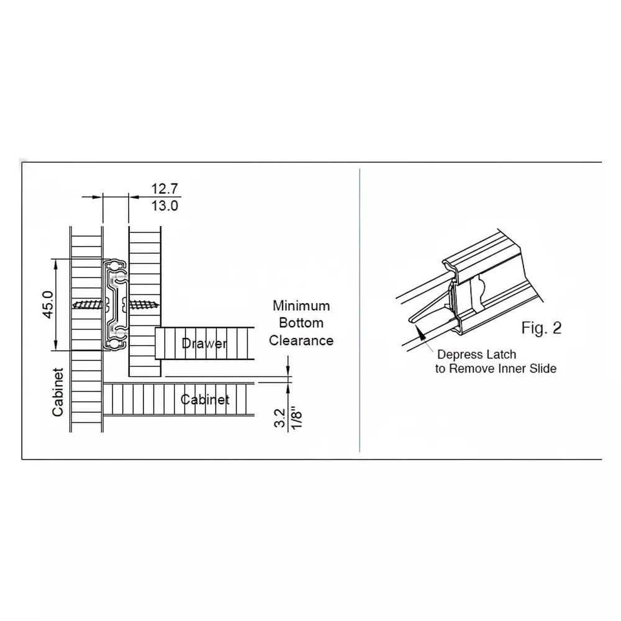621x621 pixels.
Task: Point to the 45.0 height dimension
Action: [49, 304]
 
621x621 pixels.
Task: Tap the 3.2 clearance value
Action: [279, 419]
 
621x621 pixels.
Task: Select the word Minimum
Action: [301, 306]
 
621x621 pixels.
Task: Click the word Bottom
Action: [301, 323]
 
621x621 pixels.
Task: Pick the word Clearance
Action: [301, 340]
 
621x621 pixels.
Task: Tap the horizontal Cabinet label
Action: [205, 399]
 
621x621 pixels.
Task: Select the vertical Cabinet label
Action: [58, 392]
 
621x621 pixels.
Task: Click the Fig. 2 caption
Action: [541, 328]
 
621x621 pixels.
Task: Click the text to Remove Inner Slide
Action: [495, 369]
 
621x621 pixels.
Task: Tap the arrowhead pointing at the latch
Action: [422, 333]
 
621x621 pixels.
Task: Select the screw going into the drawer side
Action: [143, 304]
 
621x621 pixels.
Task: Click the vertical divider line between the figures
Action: [360, 310]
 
